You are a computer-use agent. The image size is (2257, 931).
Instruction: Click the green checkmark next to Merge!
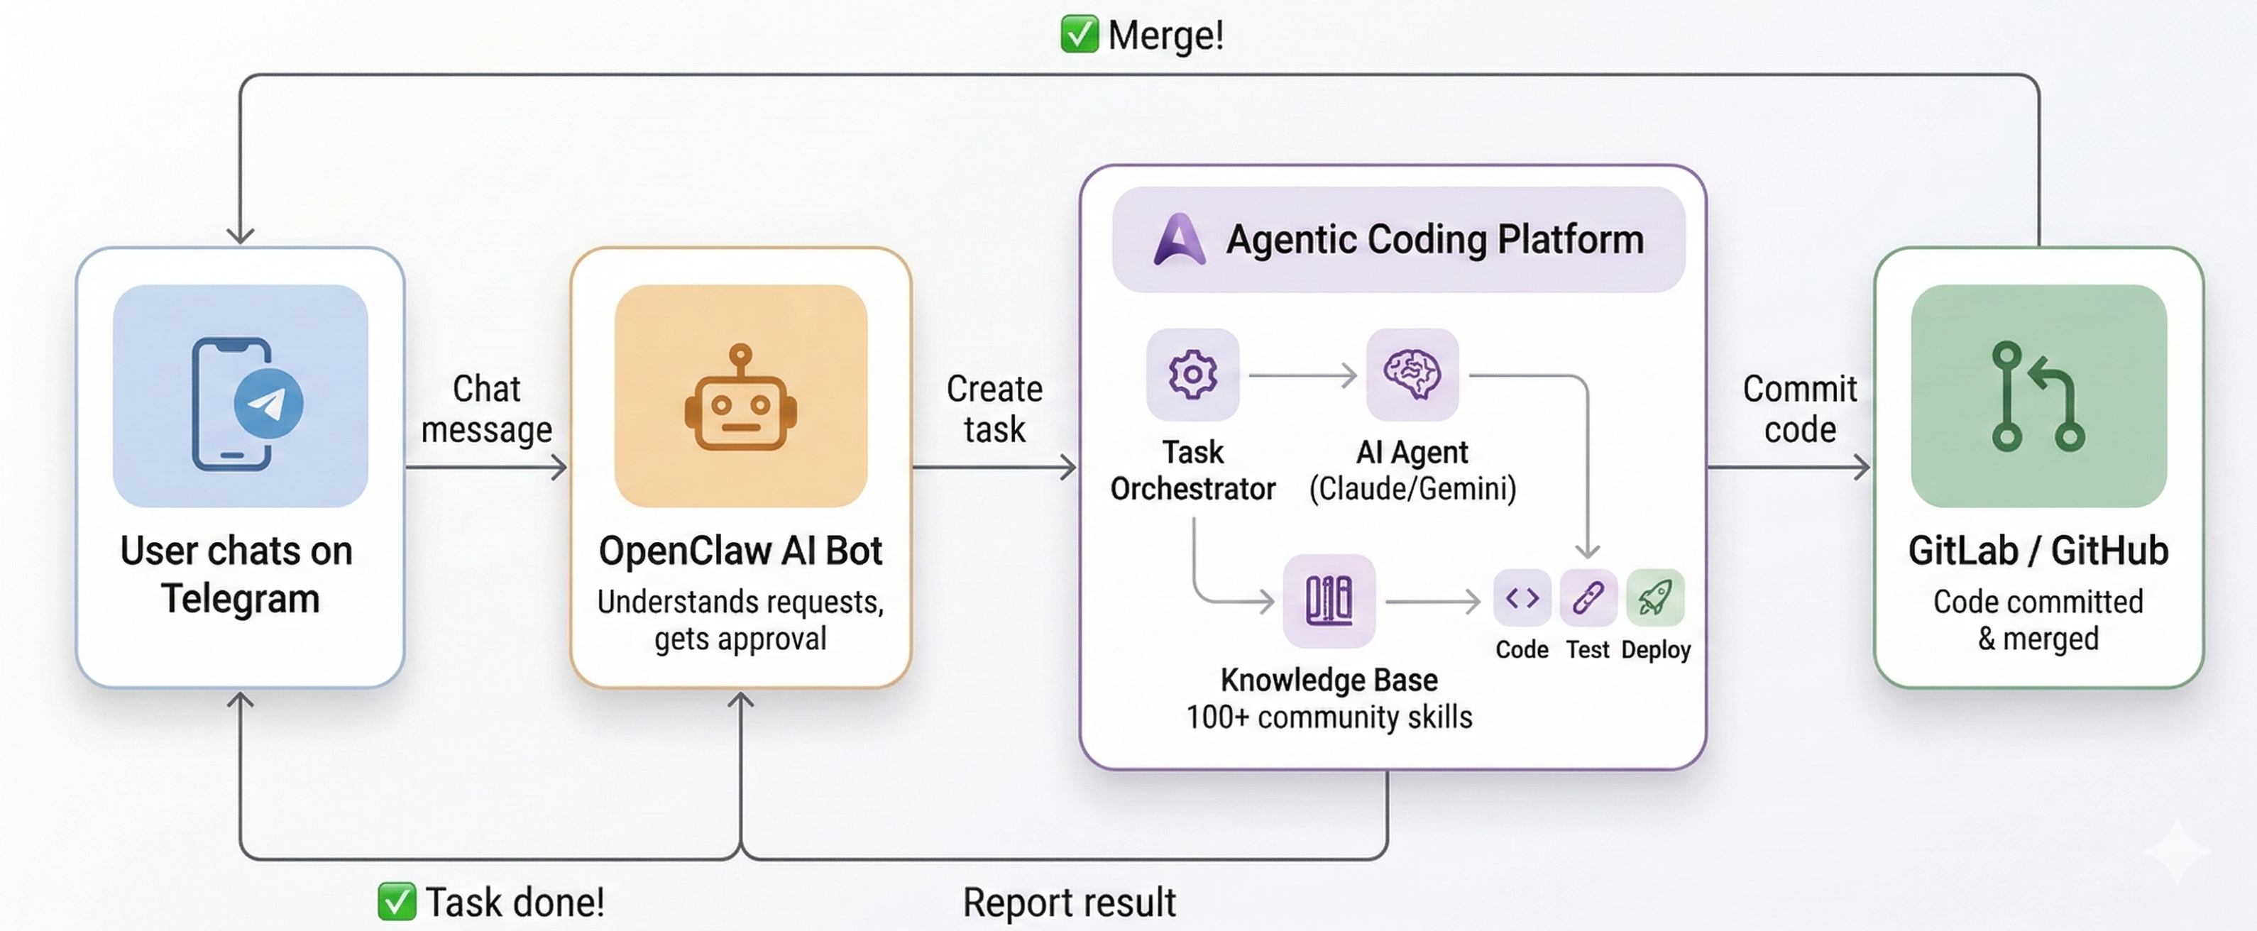(1079, 35)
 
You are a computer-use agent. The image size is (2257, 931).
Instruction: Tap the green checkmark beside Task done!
(396, 901)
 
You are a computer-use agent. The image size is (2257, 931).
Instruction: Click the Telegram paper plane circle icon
(268, 404)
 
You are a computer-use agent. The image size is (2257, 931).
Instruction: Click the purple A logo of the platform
(1178, 239)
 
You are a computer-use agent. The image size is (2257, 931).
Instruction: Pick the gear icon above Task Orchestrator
(1192, 375)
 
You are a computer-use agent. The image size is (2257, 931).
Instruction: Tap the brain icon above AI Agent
(1412, 375)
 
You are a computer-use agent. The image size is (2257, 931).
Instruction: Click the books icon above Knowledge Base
(1328, 601)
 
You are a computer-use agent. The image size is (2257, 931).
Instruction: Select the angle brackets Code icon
(1522, 598)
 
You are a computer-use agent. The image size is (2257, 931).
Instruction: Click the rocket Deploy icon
(1654, 598)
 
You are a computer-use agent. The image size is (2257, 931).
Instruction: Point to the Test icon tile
(1588, 598)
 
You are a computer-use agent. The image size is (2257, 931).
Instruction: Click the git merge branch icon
(2037, 397)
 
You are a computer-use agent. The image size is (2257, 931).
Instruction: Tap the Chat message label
(486, 409)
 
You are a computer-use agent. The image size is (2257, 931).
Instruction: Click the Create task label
(994, 409)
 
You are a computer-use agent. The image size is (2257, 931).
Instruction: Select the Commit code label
(1800, 409)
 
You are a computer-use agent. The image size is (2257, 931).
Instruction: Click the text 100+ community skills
(1328, 717)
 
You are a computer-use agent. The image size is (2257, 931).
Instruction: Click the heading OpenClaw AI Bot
(740, 551)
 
